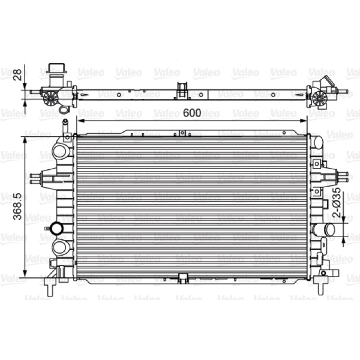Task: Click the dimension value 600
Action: (x=192, y=113)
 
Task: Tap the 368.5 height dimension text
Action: (x=18, y=207)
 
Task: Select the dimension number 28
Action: (x=18, y=75)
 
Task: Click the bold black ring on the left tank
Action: (x=57, y=228)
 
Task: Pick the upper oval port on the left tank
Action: (x=60, y=150)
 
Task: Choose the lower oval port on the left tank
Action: (x=60, y=247)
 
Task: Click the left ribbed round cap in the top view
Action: (x=50, y=98)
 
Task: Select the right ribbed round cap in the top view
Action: (x=319, y=98)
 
